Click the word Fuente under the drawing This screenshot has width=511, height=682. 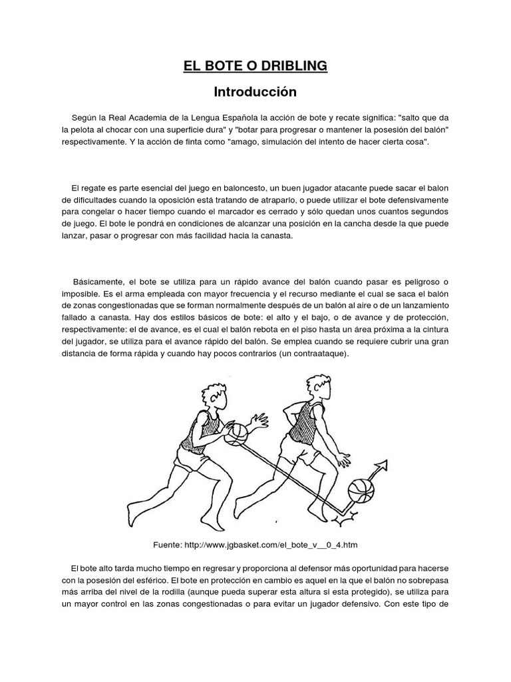click(168, 544)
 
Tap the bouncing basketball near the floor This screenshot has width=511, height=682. click(361, 491)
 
